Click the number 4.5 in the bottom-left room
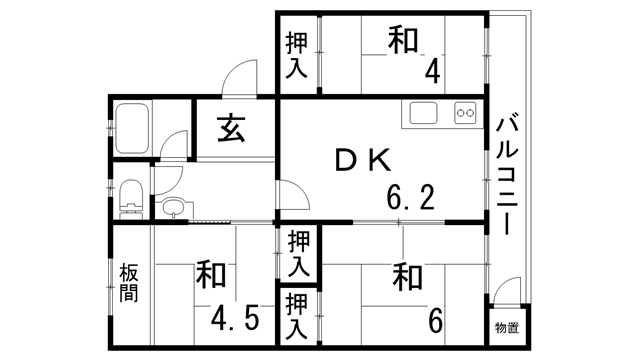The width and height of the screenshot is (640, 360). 236,318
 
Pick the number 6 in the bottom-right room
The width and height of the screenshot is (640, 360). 435,320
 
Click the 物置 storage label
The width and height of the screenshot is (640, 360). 506,328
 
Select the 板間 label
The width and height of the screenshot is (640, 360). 129,282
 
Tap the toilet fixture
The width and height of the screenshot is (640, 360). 129,197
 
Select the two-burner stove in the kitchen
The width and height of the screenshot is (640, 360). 465,112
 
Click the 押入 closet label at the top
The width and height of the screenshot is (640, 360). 297,56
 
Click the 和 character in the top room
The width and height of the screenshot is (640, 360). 403,40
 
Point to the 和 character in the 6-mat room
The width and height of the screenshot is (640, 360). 404,275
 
